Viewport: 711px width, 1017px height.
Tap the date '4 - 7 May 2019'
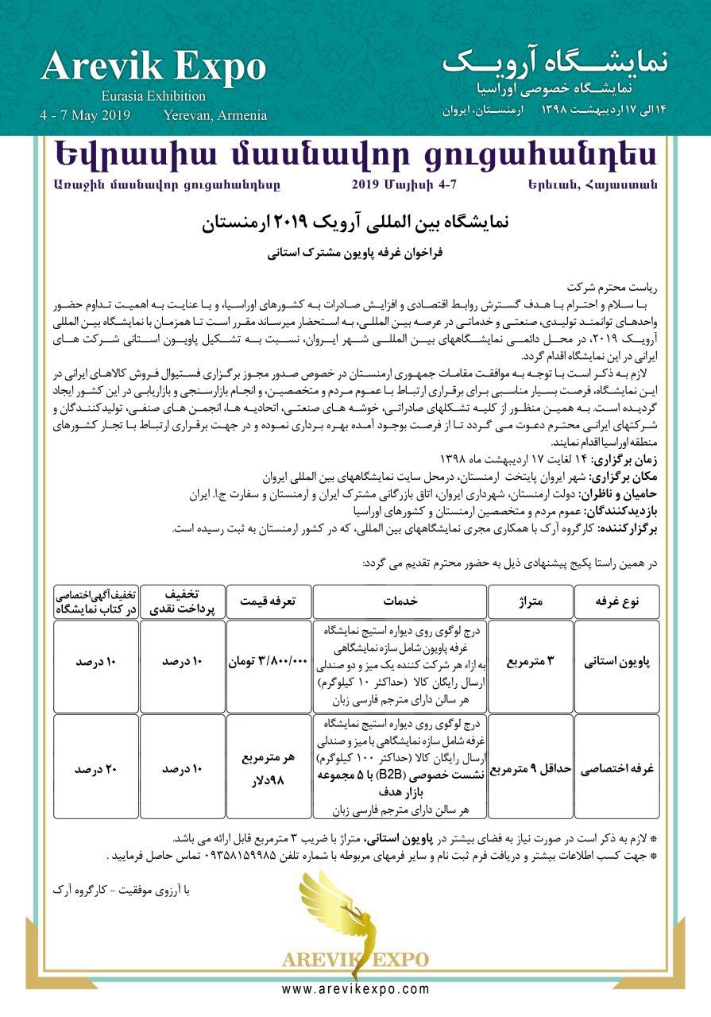click(x=84, y=115)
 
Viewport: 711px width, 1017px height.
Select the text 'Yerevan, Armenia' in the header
click(x=215, y=115)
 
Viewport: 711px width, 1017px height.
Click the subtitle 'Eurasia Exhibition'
click(x=153, y=96)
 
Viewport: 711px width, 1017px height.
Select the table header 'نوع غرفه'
click(x=617, y=601)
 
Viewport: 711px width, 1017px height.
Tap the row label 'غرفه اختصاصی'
click(x=617, y=769)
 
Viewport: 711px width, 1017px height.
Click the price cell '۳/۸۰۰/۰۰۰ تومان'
click(x=267, y=660)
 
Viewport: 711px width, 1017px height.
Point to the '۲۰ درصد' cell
click(x=96, y=769)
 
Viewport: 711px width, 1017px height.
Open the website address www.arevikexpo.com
click(x=355, y=989)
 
